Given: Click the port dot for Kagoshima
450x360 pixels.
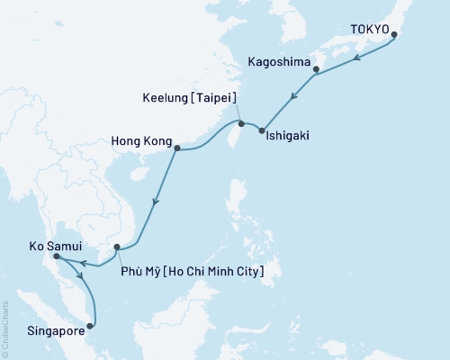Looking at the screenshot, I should (x=316, y=68).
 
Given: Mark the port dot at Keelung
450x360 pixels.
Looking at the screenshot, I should (x=241, y=122).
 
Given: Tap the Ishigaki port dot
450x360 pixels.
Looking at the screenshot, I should (x=262, y=132).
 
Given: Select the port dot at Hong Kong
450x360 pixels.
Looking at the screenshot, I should (x=176, y=148).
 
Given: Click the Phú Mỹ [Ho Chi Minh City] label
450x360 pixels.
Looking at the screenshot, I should (x=191, y=269).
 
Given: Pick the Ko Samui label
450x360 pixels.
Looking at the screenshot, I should (x=28, y=244).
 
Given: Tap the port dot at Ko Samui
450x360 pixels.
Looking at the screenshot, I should (x=57, y=257).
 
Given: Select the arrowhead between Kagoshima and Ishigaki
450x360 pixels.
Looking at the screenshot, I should (x=293, y=95).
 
